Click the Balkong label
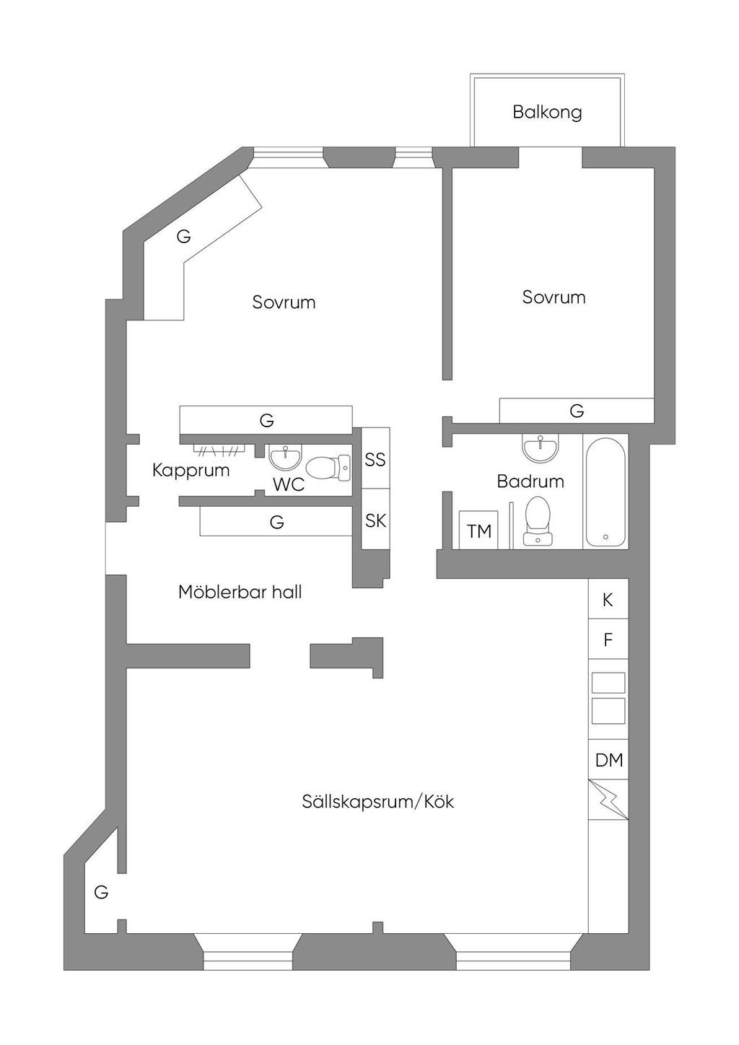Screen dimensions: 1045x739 tap(547, 113)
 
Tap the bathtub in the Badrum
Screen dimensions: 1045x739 tap(605, 491)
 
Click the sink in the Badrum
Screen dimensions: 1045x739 tap(540, 447)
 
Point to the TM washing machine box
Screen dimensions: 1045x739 tap(479, 530)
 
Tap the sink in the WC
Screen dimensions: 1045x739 tap(286, 457)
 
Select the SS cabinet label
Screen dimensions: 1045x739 tap(375, 459)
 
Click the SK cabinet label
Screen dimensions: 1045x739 tap(375, 520)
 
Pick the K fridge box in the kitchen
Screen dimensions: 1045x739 tap(608, 599)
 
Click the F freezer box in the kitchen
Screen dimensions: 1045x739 tap(608, 639)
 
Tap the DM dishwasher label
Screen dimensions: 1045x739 tap(608, 760)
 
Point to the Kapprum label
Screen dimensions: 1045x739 tap(191, 471)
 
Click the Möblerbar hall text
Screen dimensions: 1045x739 tap(240, 593)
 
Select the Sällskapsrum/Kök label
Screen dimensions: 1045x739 tap(377, 802)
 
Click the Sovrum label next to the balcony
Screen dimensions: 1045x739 tap(554, 297)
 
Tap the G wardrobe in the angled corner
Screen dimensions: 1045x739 tap(184, 237)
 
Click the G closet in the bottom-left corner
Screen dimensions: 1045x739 tap(101, 892)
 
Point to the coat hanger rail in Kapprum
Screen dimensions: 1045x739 tap(219, 451)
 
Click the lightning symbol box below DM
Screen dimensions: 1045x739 tap(608, 800)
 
